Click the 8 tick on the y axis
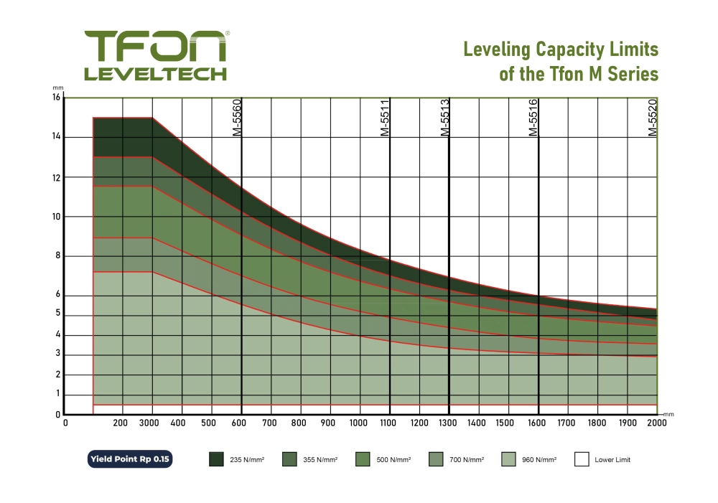click(x=57, y=256)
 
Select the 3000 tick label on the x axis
click(x=150, y=423)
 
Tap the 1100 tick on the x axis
click(x=389, y=423)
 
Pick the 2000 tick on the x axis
click(x=656, y=423)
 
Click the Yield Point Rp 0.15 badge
click(x=131, y=459)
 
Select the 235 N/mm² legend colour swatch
click(x=217, y=459)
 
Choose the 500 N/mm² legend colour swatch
click(x=363, y=459)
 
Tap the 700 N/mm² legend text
click(x=467, y=460)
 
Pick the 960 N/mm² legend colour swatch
click(x=509, y=459)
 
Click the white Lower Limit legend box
click(x=582, y=459)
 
